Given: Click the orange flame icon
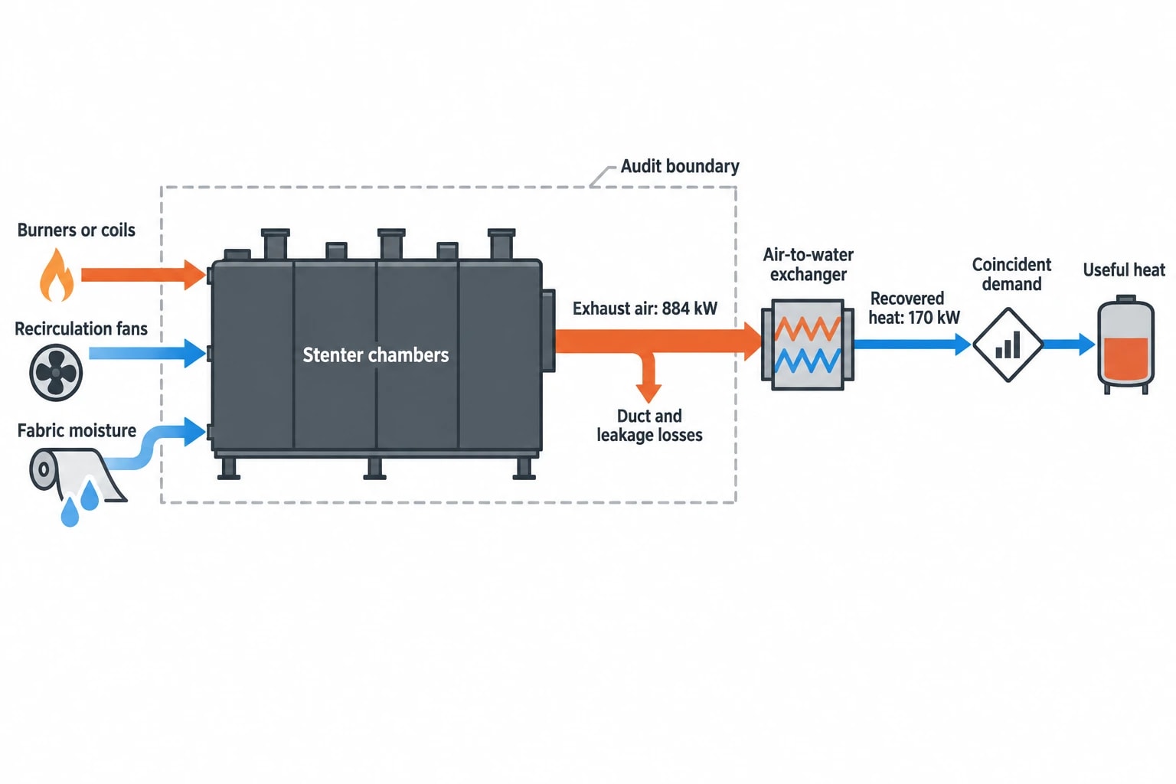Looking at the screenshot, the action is coord(57,275).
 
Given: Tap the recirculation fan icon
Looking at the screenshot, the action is coord(56,372).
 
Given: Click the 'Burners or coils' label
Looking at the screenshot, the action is coord(76,230).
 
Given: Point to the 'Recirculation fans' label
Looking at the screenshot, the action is coord(81,328).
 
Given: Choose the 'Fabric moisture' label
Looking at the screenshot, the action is coord(77,430).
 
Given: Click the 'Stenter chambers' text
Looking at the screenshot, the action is coord(376,355).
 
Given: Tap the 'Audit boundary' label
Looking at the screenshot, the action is coord(680,166).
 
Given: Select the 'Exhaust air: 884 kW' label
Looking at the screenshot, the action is coord(645,309).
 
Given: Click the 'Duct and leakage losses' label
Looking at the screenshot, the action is coord(649,426).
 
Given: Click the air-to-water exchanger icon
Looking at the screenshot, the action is coord(808,345).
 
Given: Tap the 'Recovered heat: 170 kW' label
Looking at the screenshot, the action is coord(914,308).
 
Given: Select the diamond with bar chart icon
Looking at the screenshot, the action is coord(1008,345).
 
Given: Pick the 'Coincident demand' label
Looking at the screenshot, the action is coord(1011,274).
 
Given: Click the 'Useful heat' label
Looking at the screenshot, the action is coord(1124,270).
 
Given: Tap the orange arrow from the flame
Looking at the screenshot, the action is coord(143,275).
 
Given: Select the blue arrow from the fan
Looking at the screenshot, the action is coord(148,353).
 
